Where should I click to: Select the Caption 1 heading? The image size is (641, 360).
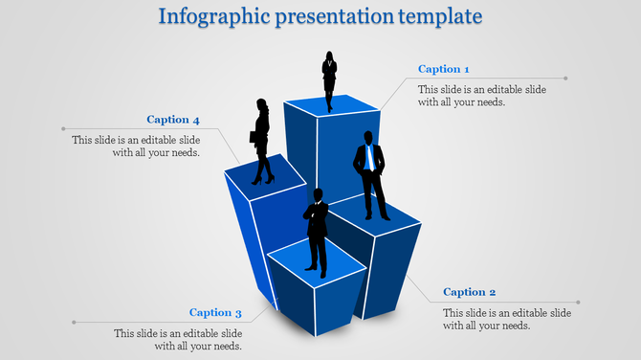pos(444,69)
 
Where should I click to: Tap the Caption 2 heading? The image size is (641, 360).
pos(470,292)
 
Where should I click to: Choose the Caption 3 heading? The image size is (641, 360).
pos(215,312)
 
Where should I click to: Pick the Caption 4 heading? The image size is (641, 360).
pos(173,120)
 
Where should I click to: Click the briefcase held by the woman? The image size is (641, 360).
pos(254,137)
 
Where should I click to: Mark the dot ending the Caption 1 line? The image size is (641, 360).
pos(566,79)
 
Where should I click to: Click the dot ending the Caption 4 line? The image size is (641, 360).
pos(63,127)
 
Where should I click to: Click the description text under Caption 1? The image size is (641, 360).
pos(482,96)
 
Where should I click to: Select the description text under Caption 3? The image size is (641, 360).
pos(178,340)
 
